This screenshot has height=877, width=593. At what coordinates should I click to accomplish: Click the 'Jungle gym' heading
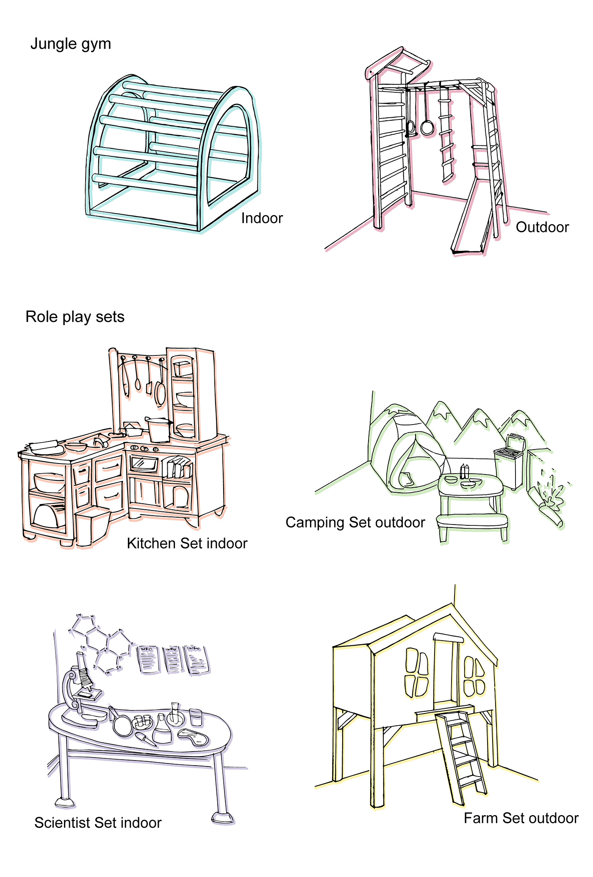tap(71, 44)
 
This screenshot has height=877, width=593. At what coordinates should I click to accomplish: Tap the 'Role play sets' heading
tap(75, 317)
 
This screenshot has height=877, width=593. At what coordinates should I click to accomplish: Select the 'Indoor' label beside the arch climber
tap(262, 218)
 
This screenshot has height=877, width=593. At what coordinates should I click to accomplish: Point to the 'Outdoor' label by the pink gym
tap(542, 227)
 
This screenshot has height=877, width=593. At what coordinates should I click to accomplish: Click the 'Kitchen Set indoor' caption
tap(187, 543)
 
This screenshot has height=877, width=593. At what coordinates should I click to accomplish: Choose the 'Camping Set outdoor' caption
tap(355, 522)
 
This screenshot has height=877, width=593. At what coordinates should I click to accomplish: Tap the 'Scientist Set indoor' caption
tap(98, 823)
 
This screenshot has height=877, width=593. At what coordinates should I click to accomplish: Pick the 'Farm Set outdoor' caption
tap(521, 818)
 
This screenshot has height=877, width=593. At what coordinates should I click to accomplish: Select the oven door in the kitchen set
tap(144, 463)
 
